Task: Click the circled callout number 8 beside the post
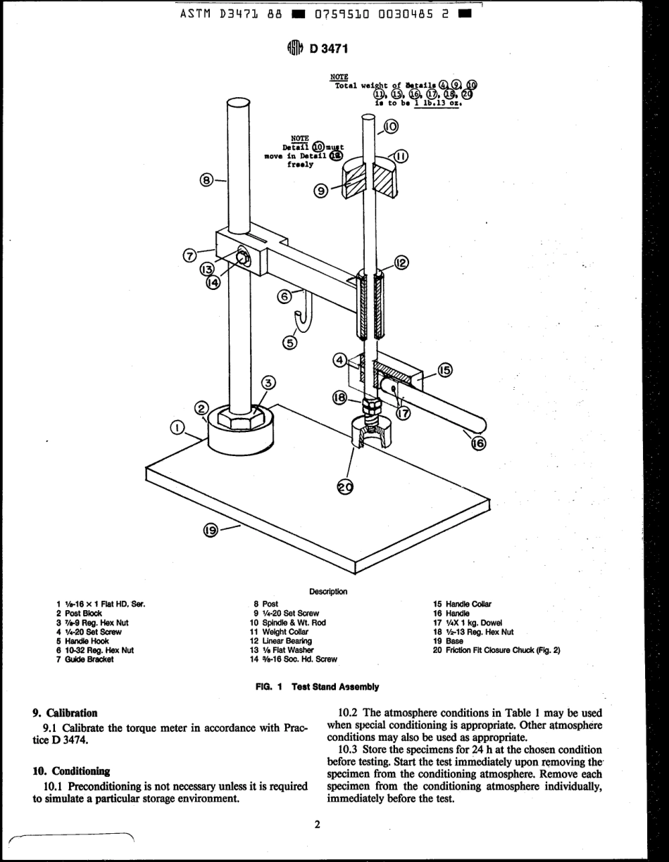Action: [x=207, y=180]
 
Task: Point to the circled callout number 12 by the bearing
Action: [x=401, y=262]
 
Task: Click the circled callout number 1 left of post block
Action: [x=177, y=427]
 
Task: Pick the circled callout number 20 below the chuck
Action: [x=345, y=487]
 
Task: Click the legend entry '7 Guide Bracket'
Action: [x=85, y=659]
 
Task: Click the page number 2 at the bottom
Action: [x=318, y=824]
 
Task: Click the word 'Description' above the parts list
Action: [x=328, y=592]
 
